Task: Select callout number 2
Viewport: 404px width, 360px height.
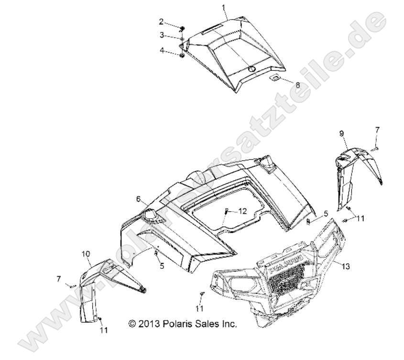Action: [x=162, y=22]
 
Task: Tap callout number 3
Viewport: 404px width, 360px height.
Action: [x=162, y=35]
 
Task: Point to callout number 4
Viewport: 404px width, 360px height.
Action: [x=162, y=50]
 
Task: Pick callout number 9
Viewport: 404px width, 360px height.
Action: [x=342, y=133]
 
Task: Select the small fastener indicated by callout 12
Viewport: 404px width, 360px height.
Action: [x=227, y=211]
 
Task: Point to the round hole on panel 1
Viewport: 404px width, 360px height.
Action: [x=250, y=69]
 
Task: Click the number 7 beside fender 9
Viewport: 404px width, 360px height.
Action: [x=377, y=130]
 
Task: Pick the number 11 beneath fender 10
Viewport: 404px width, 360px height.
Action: [x=104, y=330]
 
